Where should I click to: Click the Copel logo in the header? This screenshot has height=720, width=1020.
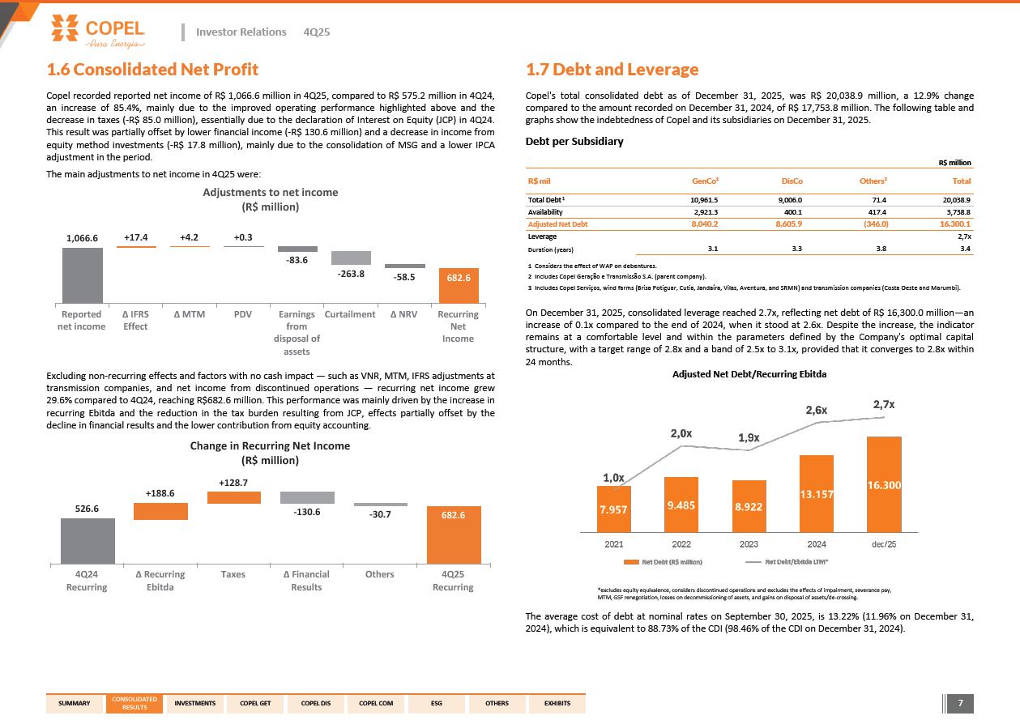pos(97,32)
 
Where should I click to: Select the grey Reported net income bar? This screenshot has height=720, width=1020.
pos(83,275)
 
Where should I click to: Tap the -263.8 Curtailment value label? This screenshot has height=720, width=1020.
pos(350,274)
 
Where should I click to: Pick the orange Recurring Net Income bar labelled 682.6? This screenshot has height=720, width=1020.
pos(458,285)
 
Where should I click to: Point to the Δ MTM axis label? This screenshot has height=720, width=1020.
pos(189,314)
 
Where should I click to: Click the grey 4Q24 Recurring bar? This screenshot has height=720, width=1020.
pos(87,540)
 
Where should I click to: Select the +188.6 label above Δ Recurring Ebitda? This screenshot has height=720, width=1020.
pos(160,492)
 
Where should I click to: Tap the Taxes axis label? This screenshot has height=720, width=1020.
pos(233,574)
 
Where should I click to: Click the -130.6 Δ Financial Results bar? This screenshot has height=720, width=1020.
pos(307,497)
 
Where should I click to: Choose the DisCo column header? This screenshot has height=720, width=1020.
pos(792,181)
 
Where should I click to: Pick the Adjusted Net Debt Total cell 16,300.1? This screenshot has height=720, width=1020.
pos(951,224)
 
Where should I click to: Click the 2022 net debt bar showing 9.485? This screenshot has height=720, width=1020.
pos(681,505)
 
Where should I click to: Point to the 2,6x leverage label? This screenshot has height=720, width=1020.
pos(816,410)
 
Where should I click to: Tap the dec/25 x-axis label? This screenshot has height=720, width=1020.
pos(884,543)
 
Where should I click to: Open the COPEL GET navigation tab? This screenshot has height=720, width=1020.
pos(255,703)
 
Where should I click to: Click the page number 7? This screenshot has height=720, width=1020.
pos(960,703)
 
